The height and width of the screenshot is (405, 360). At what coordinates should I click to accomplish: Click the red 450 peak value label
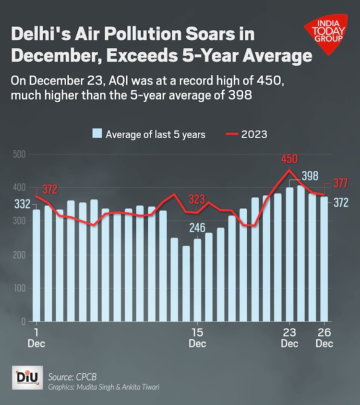(289, 159)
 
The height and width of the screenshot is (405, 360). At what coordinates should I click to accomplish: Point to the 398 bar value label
(310, 176)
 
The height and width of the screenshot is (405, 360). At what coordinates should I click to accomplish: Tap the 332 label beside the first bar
(22, 204)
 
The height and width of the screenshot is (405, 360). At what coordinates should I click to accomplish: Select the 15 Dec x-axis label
(197, 338)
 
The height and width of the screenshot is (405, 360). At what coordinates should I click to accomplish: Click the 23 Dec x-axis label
(289, 338)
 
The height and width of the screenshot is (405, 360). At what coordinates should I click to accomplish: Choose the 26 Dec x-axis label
(324, 338)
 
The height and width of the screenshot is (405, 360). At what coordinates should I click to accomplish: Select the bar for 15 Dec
(197, 280)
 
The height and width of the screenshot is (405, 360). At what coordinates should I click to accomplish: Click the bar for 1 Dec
(36, 265)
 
